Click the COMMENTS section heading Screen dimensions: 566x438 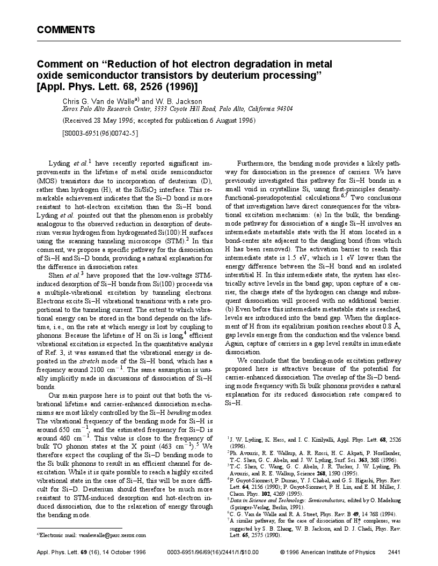(66, 30)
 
